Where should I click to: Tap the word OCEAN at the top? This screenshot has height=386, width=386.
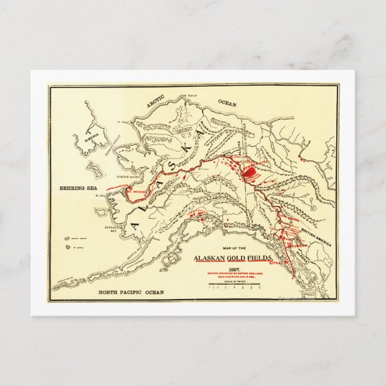coord(227,103)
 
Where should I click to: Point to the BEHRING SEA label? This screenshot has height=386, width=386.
coord(78,188)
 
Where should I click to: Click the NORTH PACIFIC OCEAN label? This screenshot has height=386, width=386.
coord(130,292)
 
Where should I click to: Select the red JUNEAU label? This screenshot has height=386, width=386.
coord(298,245)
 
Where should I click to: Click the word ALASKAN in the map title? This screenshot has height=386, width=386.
coord(210,258)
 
